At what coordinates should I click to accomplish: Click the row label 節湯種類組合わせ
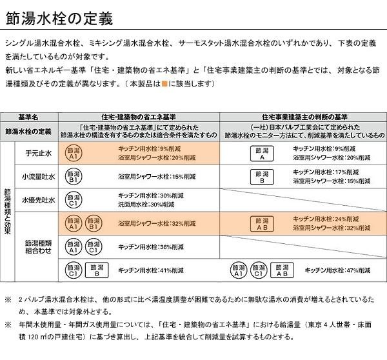39,247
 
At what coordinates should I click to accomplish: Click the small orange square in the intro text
165,85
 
